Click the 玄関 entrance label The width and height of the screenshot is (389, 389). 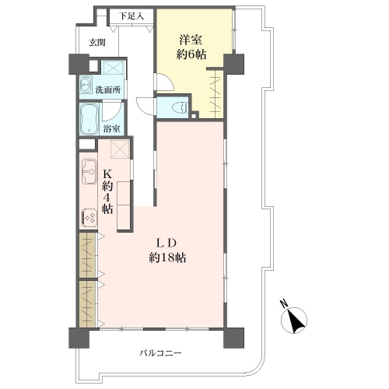click(97, 42)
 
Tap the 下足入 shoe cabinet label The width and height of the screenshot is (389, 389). click(131, 16)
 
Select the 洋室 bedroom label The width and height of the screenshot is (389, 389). click(191, 40)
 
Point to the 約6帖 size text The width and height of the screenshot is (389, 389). click(191, 54)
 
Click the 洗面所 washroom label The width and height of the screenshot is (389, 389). click(108, 90)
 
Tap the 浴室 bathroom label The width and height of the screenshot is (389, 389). click(111, 128)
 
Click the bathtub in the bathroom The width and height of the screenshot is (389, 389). click(89, 119)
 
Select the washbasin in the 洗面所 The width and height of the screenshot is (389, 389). click(86, 85)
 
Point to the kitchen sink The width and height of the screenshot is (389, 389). click(89, 171)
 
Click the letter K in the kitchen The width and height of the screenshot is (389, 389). click(107, 173)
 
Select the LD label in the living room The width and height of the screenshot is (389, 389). click(166, 244)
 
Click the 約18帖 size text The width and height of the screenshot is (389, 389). click(167, 258)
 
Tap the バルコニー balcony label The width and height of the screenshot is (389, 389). click(160, 353)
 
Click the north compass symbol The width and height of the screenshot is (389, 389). click(294, 321)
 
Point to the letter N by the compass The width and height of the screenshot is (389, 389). click(284, 303)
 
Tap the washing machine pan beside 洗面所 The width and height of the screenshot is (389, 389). click(113, 68)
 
